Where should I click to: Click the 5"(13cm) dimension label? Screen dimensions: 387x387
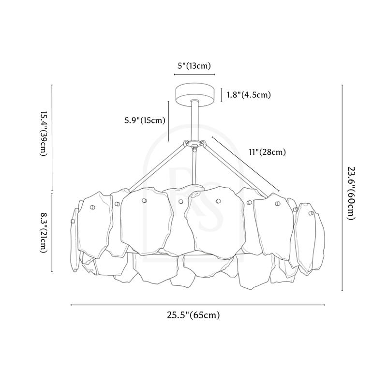pyautogui.click(x=194, y=66)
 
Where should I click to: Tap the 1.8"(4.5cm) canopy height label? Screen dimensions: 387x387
pyautogui.click(x=249, y=94)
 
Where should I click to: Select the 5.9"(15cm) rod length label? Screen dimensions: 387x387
pyautogui.click(x=145, y=120)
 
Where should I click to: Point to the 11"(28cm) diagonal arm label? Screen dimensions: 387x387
pyautogui.click(x=268, y=152)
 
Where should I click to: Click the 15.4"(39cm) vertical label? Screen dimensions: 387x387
pyautogui.click(x=44, y=134)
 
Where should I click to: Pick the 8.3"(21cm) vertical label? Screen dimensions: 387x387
pyautogui.click(x=44, y=233)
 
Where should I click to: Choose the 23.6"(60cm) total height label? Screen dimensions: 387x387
pyautogui.click(x=351, y=193)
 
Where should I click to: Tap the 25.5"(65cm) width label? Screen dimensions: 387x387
pyautogui.click(x=193, y=315)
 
